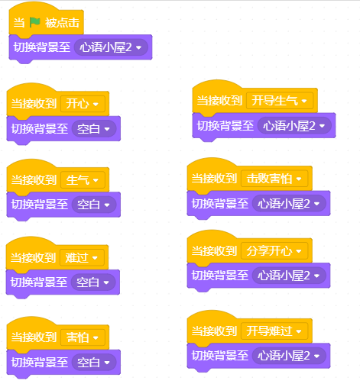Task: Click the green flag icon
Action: pyautogui.click(x=35, y=22)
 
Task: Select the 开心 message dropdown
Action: pyautogui.click(x=83, y=104)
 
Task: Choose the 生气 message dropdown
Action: pyautogui.click(x=83, y=180)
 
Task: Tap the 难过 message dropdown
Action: pyautogui.click(x=82, y=257)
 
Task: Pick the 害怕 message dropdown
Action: pyautogui.click(x=83, y=337)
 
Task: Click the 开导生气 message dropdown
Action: pyautogui.click(x=280, y=101)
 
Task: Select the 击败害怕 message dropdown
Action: pyautogui.click(x=274, y=179)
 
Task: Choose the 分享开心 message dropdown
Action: pyautogui.click(x=274, y=251)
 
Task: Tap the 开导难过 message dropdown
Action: pyautogui.click(x=274, y=331)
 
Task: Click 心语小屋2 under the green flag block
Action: pyautogui.click(x=111, y=47)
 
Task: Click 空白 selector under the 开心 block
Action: pyautogui.click(x=94, y=129)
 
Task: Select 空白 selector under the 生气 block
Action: pyautogui.click(x=94, y=205)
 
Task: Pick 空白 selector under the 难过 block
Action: pyautogui.click(x=93, y=282)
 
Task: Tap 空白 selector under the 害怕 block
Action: pyautogui.click(x=94, y=362)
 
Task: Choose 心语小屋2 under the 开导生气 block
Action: pyautogui.click(x=294, y=126)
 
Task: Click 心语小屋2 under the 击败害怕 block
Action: pyautogui.click(x=289, y=204)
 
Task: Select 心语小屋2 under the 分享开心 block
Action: pyautogui.click(x=289, y=276)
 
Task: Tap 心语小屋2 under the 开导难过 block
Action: pyautogui.click(x=289, y=356)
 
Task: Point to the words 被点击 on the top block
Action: pyautogui.click(x=63, y=23)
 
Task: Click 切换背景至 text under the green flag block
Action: pyautogui.click(x=42, y=47)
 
